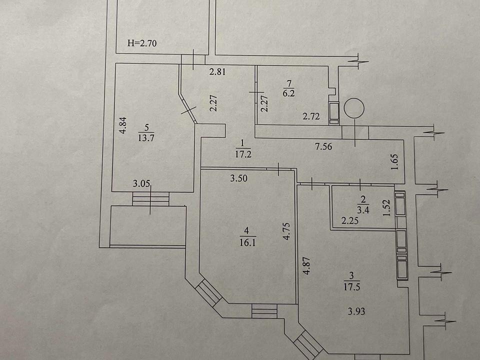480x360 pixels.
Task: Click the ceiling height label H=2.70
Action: click(x=142, y=43)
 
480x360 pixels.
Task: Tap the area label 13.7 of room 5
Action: click(x=146, y=138)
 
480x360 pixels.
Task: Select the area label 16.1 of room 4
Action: click(x=248, y=242)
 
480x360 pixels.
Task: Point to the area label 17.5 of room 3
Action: click(x=351, y=287)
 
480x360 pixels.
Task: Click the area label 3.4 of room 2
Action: click(x=363, y=210)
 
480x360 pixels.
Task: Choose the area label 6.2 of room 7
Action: click(x=288, y=93)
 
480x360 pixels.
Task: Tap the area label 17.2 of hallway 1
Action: click(x=243, y=153)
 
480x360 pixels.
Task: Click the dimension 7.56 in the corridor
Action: click(x=323, y=146)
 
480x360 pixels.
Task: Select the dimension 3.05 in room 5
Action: click(x=141, y=183)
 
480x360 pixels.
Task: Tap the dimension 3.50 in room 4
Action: click(x=239, y=178)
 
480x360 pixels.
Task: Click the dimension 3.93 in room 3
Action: click(x=356, y=311)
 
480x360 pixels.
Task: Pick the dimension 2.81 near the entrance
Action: click(x=217, y=71)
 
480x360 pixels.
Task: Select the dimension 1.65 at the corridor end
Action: click(x=395, y=162)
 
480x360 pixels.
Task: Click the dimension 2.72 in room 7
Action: click(x=311, y=116)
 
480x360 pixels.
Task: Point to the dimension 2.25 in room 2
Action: click(x=350, y=220)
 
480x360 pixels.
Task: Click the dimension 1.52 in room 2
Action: click(x=387, y=208)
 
